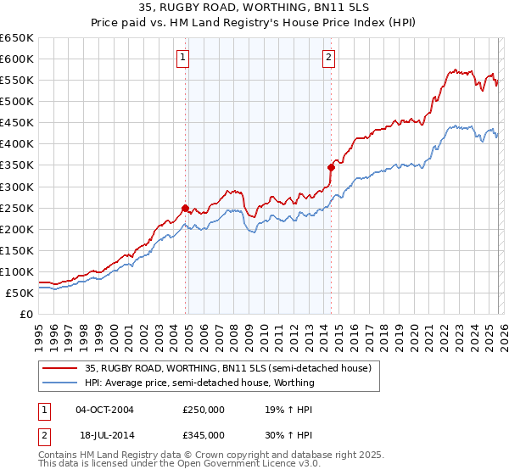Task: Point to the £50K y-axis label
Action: point(20,293)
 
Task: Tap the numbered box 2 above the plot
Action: point(328,58)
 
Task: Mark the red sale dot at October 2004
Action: point(184,207)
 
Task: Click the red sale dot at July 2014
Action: point(331,167)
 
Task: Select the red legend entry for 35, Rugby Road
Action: point(227,368)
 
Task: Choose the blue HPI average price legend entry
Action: point(199,383)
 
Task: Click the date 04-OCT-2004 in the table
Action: point(104,409)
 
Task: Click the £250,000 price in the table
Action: point(204,409)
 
